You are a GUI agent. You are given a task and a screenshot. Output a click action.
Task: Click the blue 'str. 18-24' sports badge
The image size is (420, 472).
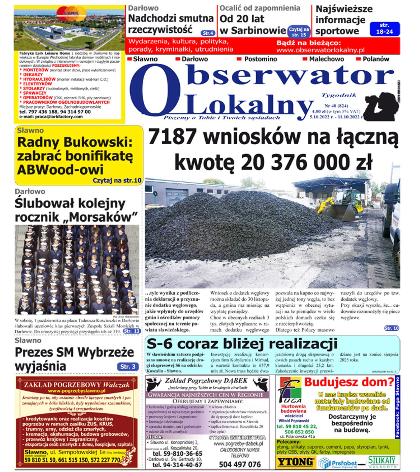pyautogui.click(x=384, y=29)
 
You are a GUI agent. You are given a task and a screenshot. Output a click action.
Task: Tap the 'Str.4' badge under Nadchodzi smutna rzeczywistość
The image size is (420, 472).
pyautogui.click(x=208, y=33)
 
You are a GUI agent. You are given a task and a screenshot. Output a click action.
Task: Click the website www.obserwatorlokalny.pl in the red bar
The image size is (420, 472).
pyautogui.click(x=320, y=50)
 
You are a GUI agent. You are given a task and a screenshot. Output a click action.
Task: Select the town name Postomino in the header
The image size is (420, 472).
pyautogui.click(x=261, y=59)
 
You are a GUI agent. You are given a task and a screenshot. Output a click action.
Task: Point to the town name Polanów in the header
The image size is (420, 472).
pyautogui.click(x=376, y=59)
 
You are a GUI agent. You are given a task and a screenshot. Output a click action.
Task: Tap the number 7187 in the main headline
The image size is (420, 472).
pyautogui.click(x=173, y=136)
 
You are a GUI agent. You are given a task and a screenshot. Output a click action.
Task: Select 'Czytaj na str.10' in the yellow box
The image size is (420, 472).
pyautogui.click(x=117, y=180)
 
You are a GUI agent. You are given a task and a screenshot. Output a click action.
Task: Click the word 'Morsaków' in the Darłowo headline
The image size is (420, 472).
pyautogui.click(x=103, y=217)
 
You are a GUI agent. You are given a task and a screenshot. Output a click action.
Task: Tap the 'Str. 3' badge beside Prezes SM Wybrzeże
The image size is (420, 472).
pyautogui.click(x=128, y=367)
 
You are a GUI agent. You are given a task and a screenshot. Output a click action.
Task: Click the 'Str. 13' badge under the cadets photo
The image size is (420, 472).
pyautogui.click(x=132, y=331)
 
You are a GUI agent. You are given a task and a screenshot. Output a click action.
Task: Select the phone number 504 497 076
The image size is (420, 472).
pyautogui.click(x=240, y=464)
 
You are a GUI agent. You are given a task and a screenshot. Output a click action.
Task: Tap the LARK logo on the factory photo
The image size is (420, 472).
pyautogui.click(x=71, y=13)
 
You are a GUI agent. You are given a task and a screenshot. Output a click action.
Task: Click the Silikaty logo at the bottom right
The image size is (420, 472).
pyautogui.click(x=382, y=462)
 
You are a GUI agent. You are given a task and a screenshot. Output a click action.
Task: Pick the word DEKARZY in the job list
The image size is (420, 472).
pyautogui.click(x=33, y=75)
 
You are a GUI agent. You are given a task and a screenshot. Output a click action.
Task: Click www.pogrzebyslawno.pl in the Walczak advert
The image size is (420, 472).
pyautogui.click(x=77, y=391)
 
